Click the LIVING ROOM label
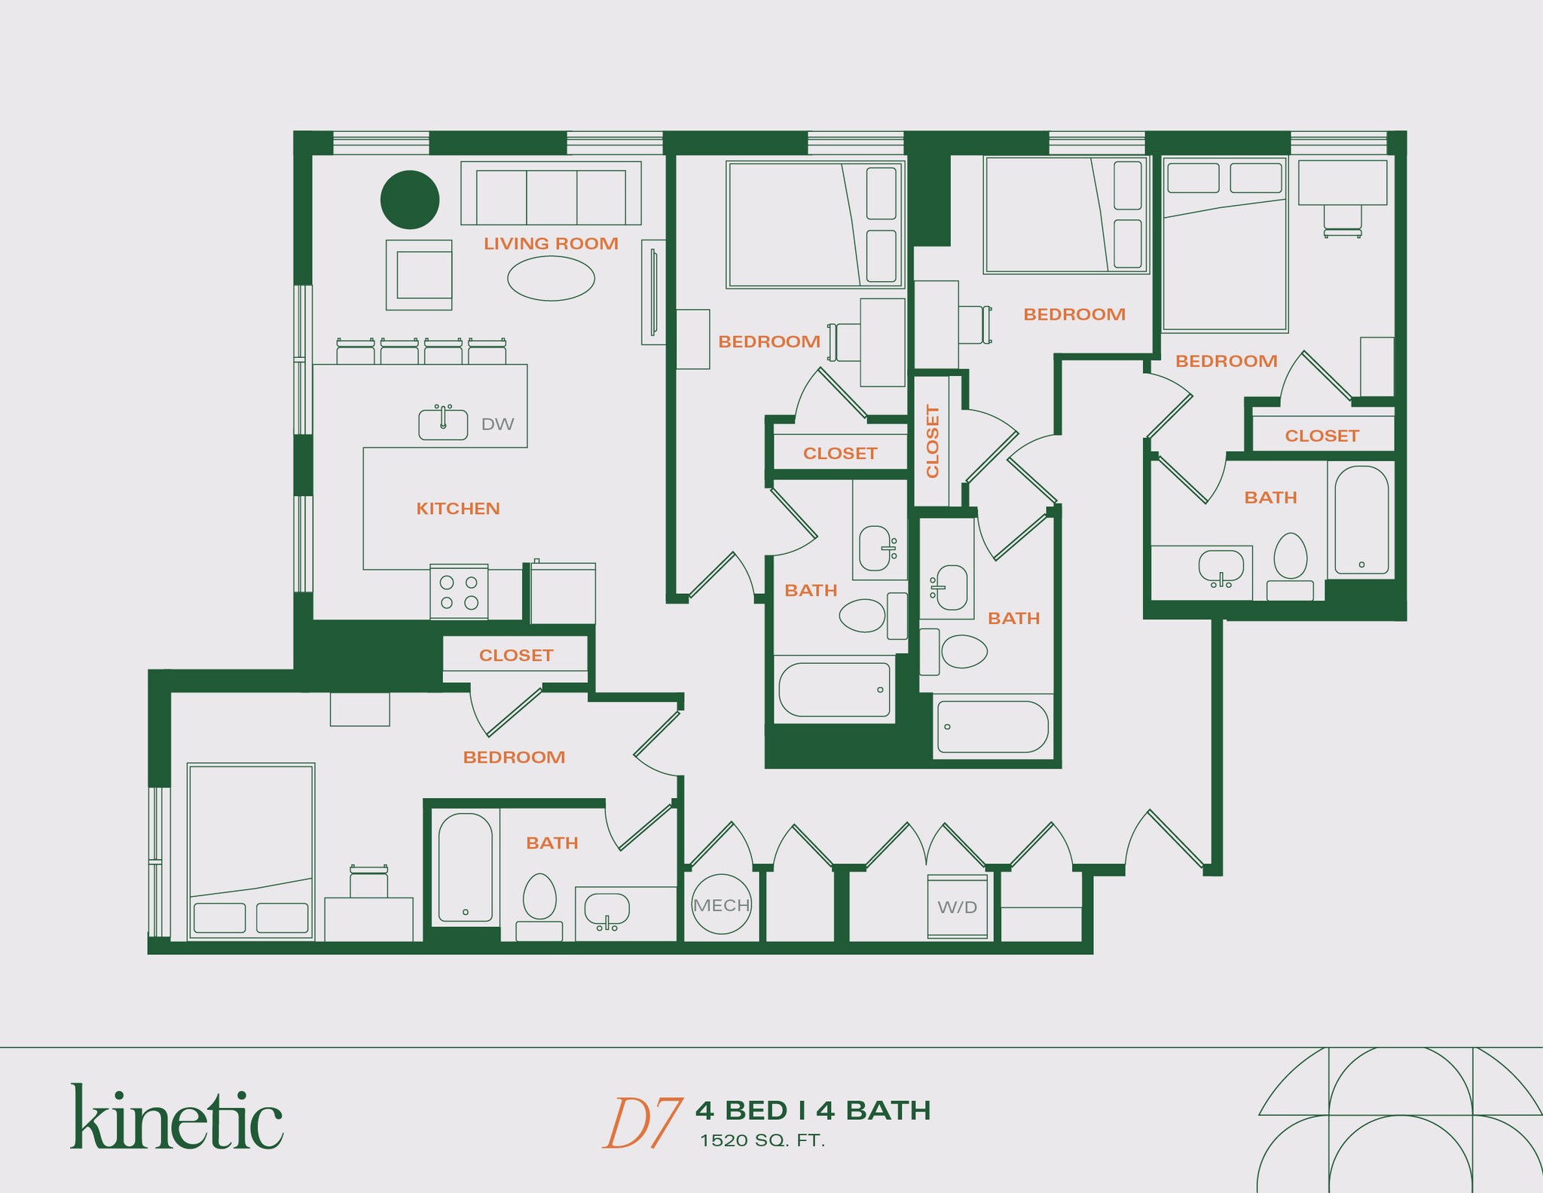pos(551,243)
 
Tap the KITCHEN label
pos(458,509)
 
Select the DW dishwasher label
pos(497,424)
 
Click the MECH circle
pos(721,904)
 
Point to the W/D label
pos(957,907)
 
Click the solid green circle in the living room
pos(410,199)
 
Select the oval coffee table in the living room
pos(551,278)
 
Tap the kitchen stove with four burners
pos(459,592)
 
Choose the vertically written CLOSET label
pos(933,441)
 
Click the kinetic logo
pos(177,1117)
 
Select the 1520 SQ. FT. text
pos(762,1141)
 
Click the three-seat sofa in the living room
pos(551,194)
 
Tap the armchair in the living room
pos(420,275)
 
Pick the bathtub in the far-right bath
pos(1361,520)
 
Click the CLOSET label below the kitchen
pos(516,656)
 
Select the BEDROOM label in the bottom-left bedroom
pos(514,757)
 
